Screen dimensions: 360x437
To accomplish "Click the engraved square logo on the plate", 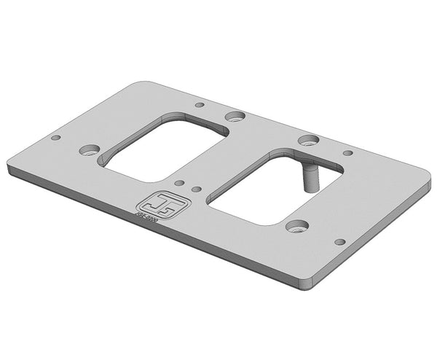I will pos(154,203).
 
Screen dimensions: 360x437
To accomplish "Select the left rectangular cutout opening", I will pos(165,150).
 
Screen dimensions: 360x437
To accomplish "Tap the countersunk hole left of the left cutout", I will pos(89,149).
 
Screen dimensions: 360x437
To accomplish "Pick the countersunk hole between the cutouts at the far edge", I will pos(234,116).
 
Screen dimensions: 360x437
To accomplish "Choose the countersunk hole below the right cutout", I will pos(296,226).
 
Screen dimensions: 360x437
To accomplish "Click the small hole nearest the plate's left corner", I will pos(55,137).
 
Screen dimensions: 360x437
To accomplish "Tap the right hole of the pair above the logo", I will pos(196,189).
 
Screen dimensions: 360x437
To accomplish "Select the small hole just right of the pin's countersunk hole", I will pos(347,153).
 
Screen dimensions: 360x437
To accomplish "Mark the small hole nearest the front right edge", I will pos(339,242).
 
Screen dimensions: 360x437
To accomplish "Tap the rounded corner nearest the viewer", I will pos(310,283).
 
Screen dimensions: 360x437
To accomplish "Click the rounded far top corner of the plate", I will pos(146,82).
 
